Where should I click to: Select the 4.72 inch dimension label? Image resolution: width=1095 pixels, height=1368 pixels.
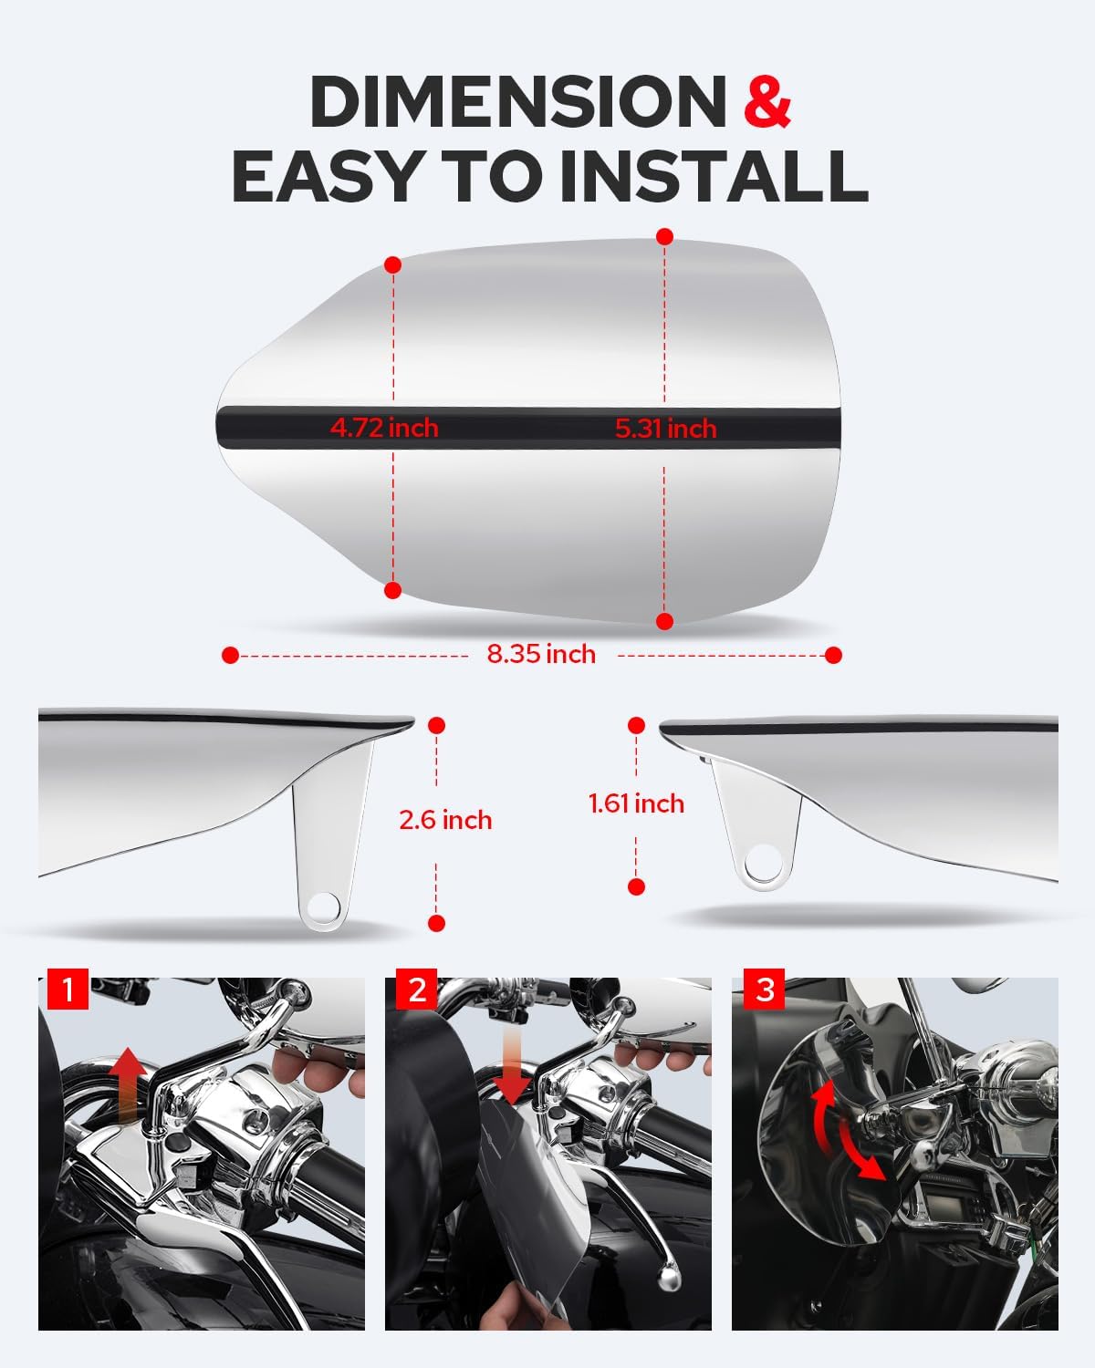click(x=384, y=428)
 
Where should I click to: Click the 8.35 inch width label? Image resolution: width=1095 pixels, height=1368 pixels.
click(x=541, y=655)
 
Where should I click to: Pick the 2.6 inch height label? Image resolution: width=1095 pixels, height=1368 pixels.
click(x=445, y=820)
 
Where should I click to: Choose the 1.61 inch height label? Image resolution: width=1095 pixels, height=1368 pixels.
click(x=636, y=803)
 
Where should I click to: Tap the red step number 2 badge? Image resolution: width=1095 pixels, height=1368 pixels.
click(x=418, y=990)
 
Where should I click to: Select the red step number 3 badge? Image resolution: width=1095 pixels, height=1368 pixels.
click(x=765, y=990)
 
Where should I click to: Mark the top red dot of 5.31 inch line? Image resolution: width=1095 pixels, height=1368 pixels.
click(x=665, y=236)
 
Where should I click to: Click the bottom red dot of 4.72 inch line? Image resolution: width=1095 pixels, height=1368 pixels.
click(x=393, y=590)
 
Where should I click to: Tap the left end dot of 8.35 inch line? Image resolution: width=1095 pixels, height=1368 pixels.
click(x=230, y=655)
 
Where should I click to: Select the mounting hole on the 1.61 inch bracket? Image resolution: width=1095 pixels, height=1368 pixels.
click(x=762, y=862)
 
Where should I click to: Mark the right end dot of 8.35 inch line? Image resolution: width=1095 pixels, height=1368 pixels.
click(x=833, y=655)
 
